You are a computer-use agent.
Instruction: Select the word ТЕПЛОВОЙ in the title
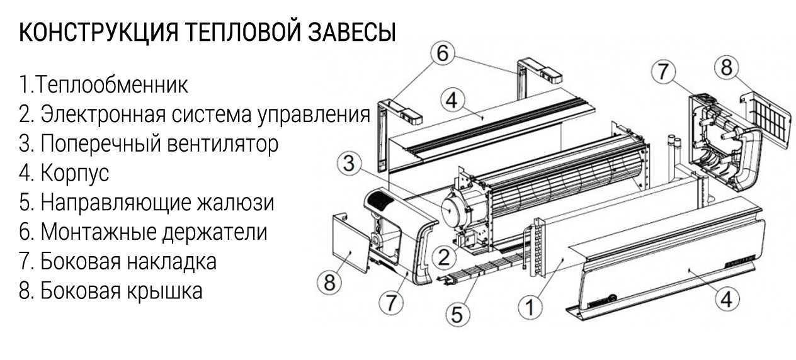tap(246, 33)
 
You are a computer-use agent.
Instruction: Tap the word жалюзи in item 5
tap(236, 203)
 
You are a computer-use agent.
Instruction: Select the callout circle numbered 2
tap(445, 257)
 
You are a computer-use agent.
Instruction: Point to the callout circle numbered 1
tap(530, 307)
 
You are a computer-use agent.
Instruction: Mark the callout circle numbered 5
tap(458, 313)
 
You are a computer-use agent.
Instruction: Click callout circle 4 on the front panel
tap(727, 300)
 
